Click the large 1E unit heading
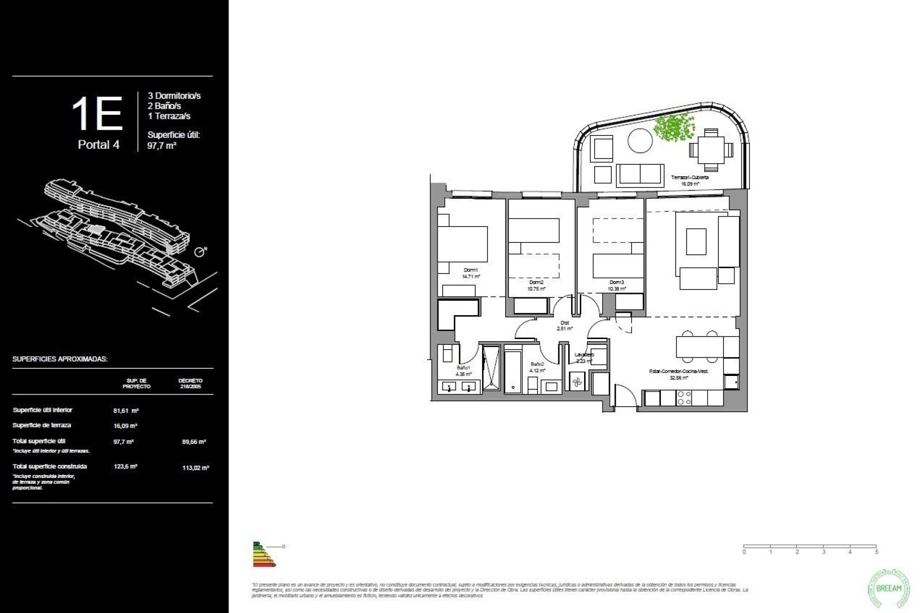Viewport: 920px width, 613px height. (x=97, y=114)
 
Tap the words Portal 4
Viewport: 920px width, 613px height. (x=99, y=145)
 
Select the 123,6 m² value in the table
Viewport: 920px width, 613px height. (x=126, y=466)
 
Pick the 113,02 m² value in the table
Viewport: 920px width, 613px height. (x=195, y=468)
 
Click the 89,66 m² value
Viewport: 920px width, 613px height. (x=194, y=442)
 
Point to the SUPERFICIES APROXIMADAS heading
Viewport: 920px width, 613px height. (x=60, y=359)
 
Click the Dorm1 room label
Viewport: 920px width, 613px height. (x=471, y=270)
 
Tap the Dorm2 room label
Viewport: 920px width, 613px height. (x=537, y=283)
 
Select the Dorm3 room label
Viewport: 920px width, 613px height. (x=617, y=283)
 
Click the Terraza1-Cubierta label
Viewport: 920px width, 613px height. (x=690, y=178)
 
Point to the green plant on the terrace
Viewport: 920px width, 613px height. (x=674, y=127)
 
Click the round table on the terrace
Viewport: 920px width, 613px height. (x=640, y=141)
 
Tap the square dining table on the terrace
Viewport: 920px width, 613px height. (x=711, y=150)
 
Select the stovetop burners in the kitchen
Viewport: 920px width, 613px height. (x=684, y=398)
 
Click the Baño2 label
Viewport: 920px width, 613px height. (x=537, y=364)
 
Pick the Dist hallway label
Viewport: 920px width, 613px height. (x=564, y=323)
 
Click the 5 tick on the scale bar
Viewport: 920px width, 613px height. (x=876, y=552)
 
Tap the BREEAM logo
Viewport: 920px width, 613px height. (x=888, y=588)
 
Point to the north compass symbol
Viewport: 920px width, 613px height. (x=200, y=252)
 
